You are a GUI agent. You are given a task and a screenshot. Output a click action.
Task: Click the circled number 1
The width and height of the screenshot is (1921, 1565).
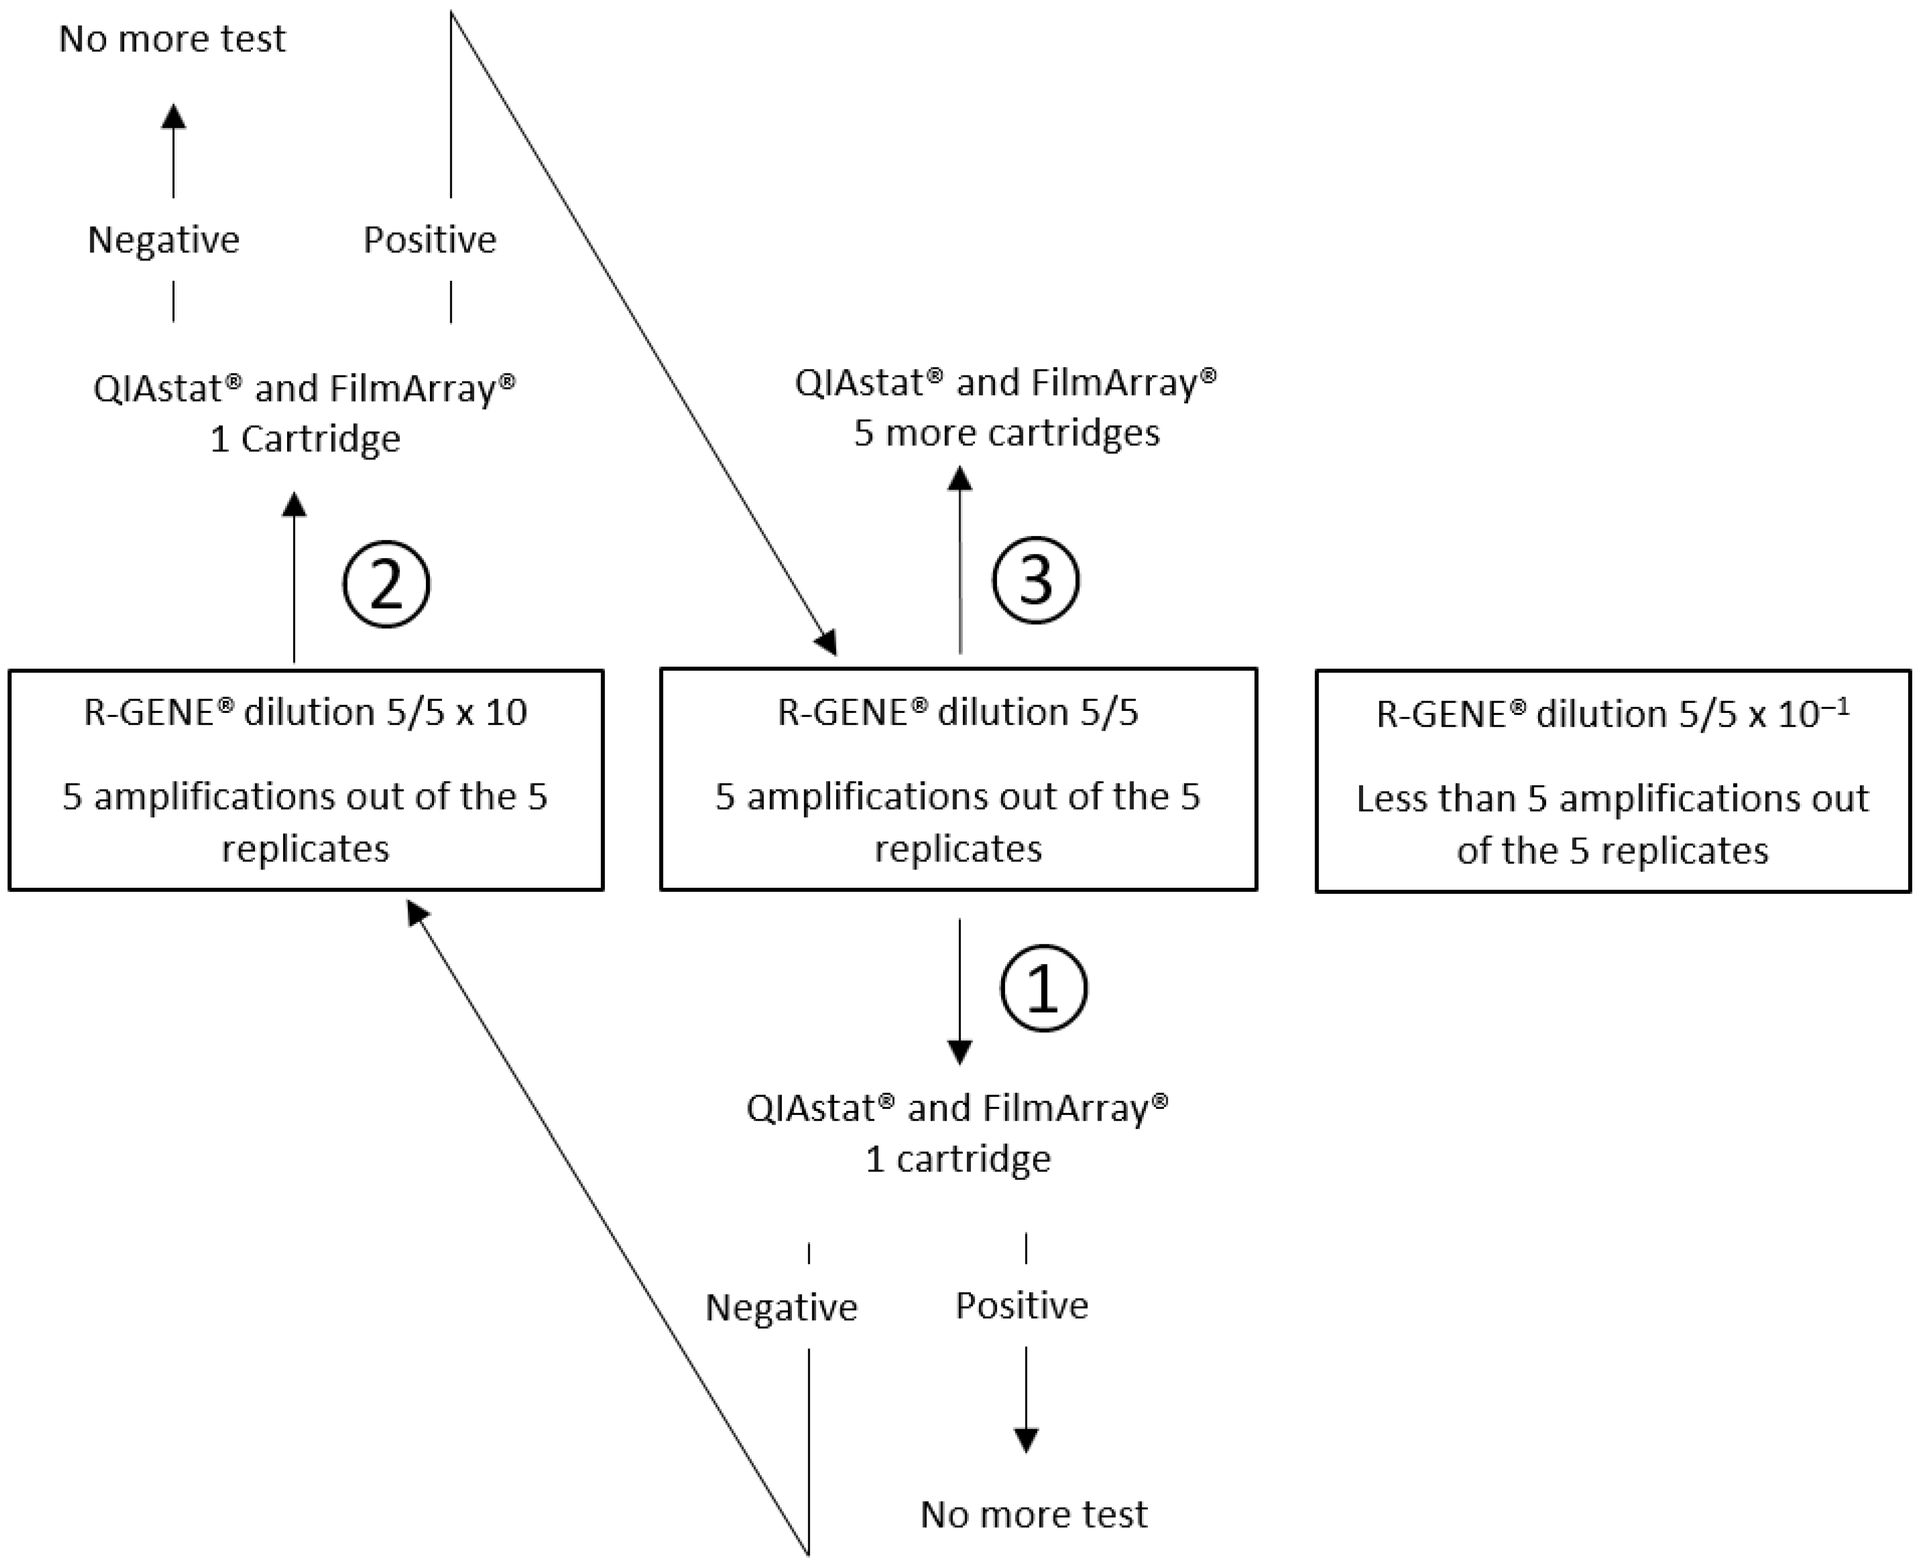click(1043, 988)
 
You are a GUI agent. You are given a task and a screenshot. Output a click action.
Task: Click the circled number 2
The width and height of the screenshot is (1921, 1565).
click(386, 584)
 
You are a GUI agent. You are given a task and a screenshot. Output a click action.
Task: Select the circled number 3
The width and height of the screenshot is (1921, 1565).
click(1035, 580)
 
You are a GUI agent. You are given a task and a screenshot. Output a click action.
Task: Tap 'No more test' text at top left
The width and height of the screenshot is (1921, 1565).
click(172, 39)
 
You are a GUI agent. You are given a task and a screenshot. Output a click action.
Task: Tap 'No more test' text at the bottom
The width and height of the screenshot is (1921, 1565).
click(1034, 1515)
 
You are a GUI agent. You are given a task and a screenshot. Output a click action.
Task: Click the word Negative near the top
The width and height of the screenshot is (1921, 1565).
click(163, 240)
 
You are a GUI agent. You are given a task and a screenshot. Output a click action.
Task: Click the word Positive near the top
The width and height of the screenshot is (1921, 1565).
click(429, 240)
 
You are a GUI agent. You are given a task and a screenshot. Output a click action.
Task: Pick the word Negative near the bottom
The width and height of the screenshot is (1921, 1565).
click(781, 1307)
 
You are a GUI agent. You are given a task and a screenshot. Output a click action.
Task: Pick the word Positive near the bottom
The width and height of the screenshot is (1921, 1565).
click(1022, 1306)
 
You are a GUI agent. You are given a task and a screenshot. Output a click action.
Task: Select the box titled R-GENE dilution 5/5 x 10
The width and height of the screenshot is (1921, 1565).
click(306, 780)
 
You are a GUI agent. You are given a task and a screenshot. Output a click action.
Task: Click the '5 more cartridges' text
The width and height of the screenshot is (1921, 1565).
click(1007, 433)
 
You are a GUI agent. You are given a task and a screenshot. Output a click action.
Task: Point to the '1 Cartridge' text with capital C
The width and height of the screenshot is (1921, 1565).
click(305, 439)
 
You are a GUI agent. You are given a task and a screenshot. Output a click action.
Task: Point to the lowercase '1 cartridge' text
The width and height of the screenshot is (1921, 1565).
click(958, 1158)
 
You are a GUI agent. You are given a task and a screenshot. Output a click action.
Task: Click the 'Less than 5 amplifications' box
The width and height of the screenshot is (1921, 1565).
click(1612, 781)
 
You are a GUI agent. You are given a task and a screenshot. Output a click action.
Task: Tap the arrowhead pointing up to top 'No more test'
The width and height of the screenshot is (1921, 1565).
click(173, 117)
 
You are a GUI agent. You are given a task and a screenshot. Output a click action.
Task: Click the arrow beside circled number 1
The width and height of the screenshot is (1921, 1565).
click(960, 992)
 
